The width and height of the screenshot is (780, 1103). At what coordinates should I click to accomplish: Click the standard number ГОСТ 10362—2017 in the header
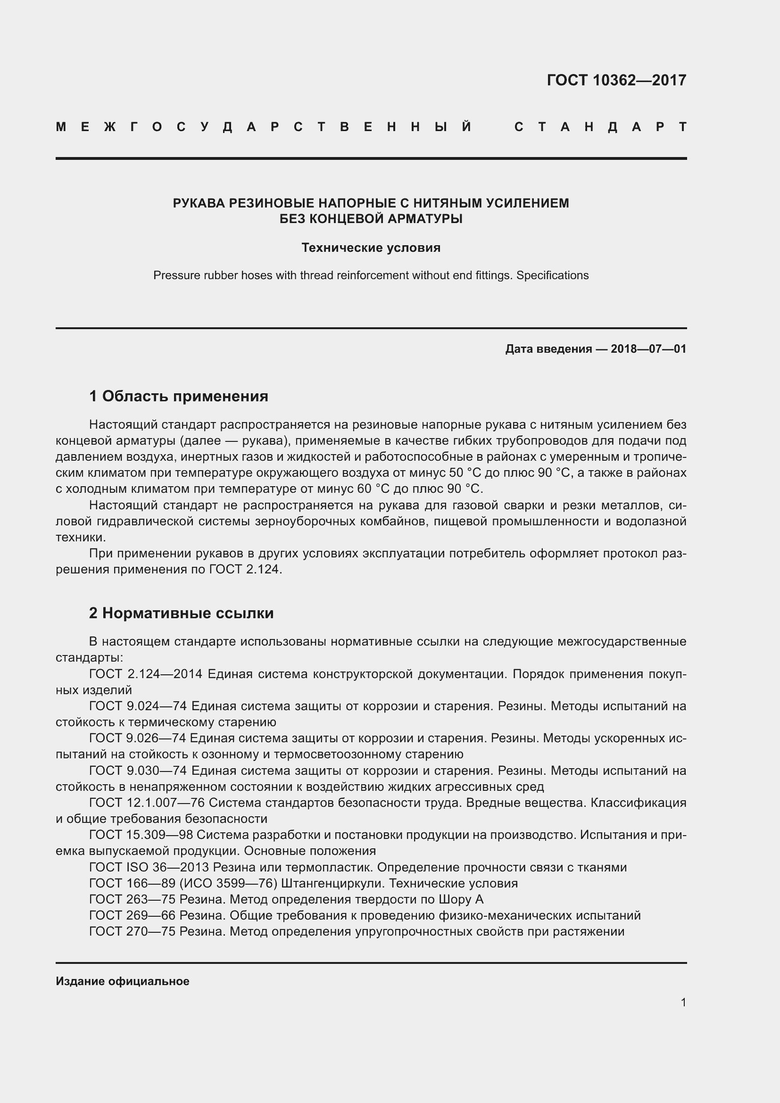616,80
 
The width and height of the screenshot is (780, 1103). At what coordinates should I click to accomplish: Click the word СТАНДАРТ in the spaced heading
600,127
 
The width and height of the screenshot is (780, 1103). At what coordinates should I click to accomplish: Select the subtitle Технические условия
371,248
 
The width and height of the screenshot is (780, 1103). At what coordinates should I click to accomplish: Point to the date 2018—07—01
648,349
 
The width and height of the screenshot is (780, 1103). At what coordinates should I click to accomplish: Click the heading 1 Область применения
179,396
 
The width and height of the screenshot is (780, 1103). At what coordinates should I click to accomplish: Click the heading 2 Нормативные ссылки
182,614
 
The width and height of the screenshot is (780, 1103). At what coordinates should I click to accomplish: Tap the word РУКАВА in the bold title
199,204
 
